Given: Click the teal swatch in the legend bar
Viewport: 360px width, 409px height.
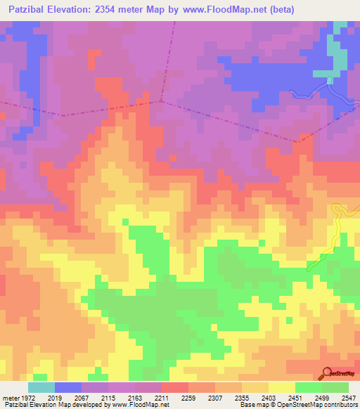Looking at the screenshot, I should [41, 387].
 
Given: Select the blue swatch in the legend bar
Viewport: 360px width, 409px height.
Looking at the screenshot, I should [67, 387].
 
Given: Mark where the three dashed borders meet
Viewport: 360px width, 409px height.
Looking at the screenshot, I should [161, 100].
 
